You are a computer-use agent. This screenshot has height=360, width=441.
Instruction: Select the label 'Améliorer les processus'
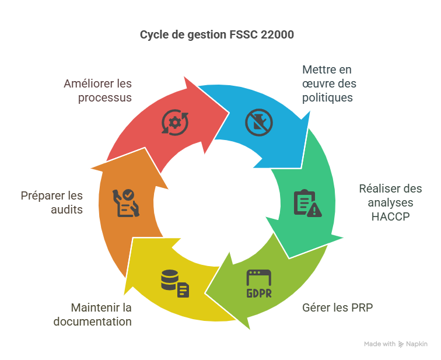tap(97, 90)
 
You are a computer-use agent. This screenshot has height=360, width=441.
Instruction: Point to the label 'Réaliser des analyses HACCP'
tap(390, 202)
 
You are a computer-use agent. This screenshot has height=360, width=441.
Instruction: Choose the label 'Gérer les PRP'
tap(337, 307)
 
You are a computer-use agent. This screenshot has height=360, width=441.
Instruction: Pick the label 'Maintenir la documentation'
tap(93, 314)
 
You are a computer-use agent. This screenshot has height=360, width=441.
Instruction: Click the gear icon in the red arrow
tap(174, 122)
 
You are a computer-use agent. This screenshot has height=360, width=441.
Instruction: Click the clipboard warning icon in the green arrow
tap(306, 203)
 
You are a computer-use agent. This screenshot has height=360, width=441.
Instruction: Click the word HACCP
tap(390, 216)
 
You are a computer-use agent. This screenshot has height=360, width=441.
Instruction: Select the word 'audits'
tap(67, 209)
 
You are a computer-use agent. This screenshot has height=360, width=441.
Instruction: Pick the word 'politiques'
tap(327, 97)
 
